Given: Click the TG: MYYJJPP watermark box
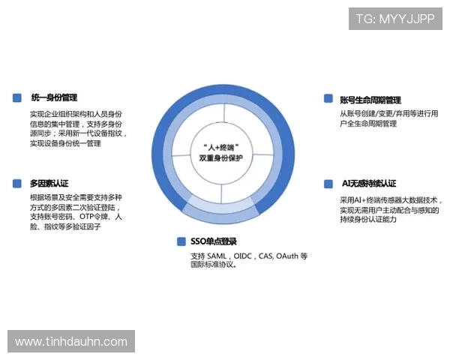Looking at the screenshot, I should pos(395,18).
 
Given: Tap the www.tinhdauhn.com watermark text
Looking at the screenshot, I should pos(71,342).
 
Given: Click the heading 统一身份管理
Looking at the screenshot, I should pos(54,97).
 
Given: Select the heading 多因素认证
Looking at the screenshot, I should pos(49,183).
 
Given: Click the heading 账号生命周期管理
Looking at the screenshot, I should pos(370,100).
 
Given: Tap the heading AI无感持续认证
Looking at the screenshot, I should pos(368,184).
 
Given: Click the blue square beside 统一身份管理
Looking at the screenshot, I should pos(17,97).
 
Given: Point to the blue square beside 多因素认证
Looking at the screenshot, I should pos(17,183).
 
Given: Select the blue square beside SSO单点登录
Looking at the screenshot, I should pos(181,241).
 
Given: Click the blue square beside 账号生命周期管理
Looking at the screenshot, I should pos(328,99).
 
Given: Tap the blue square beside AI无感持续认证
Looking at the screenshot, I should pos(328,184).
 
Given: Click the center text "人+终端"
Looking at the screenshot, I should pos(223,148).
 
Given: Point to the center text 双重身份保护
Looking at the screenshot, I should pos(223,159).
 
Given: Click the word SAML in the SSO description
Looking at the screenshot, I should pos(220,256).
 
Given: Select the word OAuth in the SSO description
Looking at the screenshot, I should pos(288,256).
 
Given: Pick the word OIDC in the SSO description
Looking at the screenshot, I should pos(246,256).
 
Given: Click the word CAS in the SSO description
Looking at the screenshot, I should pos(267,256).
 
